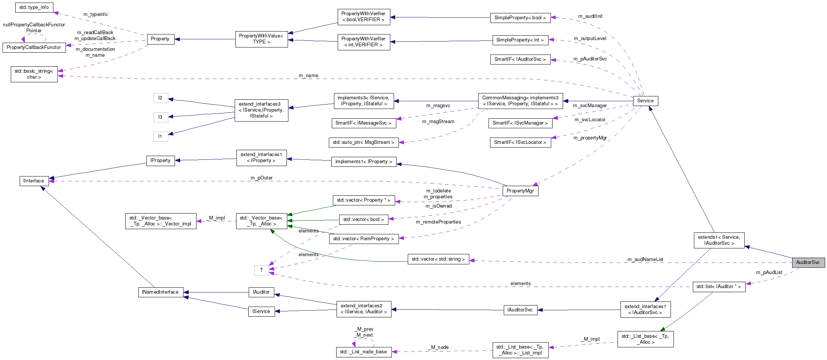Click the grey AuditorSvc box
point(808,262)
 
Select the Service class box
point(645,101)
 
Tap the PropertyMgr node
point(520,191)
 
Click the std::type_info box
point(34,7)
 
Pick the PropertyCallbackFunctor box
point(34,47)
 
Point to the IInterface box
point(34,181)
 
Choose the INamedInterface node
point(160,292)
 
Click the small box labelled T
point(261,270)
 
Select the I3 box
point(161,117)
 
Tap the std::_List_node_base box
point(363,352)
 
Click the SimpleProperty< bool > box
point(520,18)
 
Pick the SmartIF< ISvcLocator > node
point(520,142)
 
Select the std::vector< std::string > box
point(438,259)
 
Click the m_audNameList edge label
point(645,260)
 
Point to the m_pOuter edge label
point(261,178)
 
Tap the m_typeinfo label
point(96,14)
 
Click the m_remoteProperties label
point(439,222)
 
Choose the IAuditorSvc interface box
point(520,310)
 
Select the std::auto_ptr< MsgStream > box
point(363,142)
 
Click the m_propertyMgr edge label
point(590,138)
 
